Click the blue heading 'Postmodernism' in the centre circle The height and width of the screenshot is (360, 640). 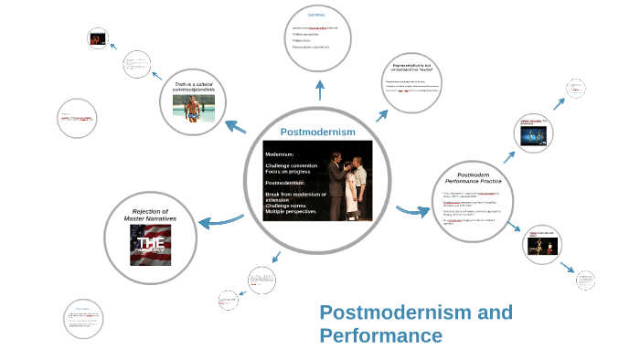tap(317, 132)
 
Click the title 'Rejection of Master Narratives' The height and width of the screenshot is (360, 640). tap(150, 215)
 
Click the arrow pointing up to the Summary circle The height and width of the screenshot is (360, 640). tap(319, 90)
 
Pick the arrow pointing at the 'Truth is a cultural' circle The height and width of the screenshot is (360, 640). tap(235, 127)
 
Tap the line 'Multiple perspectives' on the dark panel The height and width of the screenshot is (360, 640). tap(291, 212)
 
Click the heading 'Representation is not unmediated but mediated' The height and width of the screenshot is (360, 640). tap(417, 68)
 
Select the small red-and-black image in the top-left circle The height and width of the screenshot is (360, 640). tap(97, 38)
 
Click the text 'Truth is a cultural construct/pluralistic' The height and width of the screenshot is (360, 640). tap(193, 87)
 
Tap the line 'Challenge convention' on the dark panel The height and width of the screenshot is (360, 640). tap(291, 165)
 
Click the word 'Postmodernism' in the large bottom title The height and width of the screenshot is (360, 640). tap(416, 313)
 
